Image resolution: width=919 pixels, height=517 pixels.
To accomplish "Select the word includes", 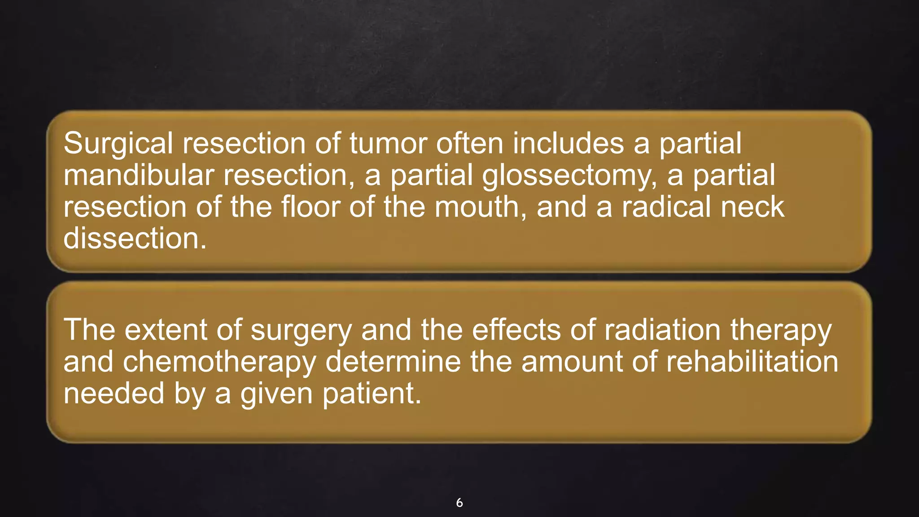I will tap(569, 144).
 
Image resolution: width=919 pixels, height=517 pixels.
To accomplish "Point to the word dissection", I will tap(135, 238).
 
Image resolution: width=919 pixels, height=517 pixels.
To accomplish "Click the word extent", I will tap(166, 330).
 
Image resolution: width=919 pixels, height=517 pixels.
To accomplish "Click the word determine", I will tap(393, 362).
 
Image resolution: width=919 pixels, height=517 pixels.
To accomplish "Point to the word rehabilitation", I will tap(752, 362).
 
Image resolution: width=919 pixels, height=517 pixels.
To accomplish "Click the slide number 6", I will tap(459, 503).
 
